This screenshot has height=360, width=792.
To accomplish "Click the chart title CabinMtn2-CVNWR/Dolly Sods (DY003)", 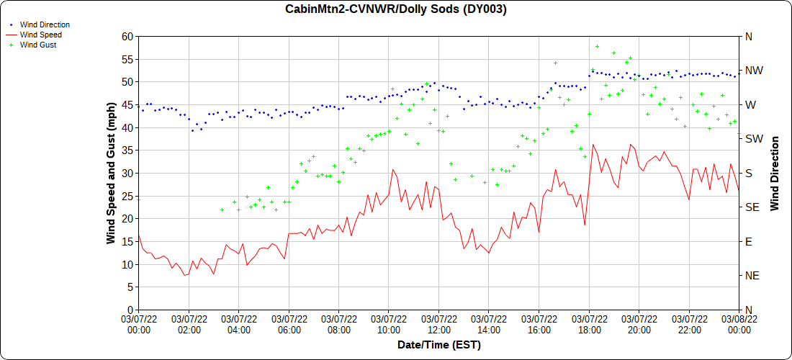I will tap(396, 9).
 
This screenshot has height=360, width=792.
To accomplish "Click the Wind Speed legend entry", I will tap(40, 35).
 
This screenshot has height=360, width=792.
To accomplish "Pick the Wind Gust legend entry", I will tap(38, 45).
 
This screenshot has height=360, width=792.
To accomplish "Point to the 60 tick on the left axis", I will tap(127, 36).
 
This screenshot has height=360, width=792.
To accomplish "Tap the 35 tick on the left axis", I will tap(127, 150).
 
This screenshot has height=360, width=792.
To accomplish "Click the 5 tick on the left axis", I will tap(130, 287).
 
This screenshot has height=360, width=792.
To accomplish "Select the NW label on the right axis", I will tap(753, 71).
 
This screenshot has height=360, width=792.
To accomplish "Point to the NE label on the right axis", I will tap(751, 276).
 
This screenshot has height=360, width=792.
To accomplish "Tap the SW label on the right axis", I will tap(752, 139).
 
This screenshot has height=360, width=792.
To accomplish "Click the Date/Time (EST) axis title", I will tap(438, 345).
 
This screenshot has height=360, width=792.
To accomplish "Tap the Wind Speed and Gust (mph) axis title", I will tap(111, 173).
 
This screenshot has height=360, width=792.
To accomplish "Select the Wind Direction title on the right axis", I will tap(775, 173).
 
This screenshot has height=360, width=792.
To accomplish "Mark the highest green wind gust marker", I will tap(597, 47).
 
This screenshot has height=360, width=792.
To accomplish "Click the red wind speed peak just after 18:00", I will tap(593, 145).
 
